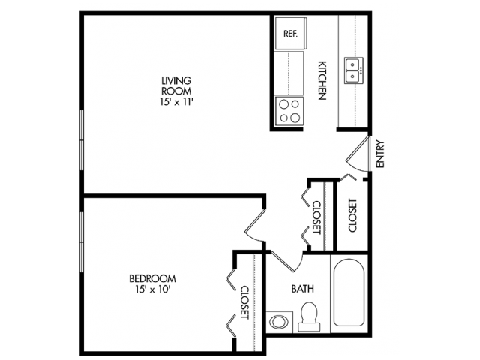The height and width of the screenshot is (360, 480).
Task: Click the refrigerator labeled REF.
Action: coord(289,34)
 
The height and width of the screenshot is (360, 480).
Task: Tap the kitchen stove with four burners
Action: coord(289,110)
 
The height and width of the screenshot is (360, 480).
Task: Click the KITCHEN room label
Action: coord(320,79)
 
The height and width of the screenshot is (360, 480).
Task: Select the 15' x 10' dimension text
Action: coord(157,290)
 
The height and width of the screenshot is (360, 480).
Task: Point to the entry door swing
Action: coord(356,154)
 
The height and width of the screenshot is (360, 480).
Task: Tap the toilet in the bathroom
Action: coord(308,316)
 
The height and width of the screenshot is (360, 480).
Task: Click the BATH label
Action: coord(302,287)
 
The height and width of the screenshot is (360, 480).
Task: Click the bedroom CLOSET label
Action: coord(244,301)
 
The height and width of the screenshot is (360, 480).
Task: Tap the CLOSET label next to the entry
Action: coord(352,214)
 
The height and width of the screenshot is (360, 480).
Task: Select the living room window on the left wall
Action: coord(82,142)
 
